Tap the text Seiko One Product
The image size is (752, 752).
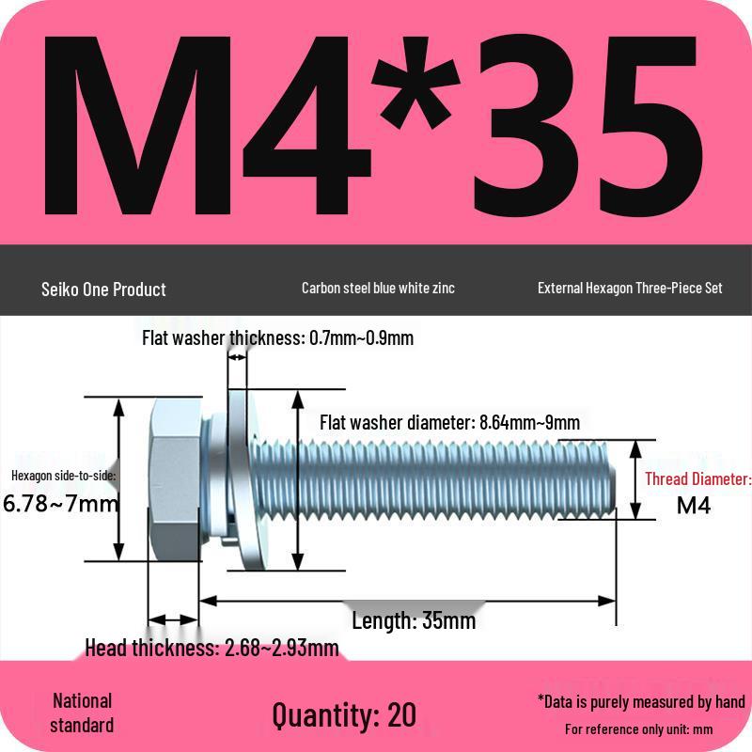coord(103,290)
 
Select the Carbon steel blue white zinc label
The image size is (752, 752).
coord(378,288)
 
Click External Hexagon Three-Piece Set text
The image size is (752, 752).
coord(630,288)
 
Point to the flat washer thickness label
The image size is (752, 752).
coord(277,338)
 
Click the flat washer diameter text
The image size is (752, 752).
coord(449,423)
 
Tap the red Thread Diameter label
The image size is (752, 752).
coord(697,479)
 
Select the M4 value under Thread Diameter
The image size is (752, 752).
coord(694,506)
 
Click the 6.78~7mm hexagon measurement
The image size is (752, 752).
coord(61,503)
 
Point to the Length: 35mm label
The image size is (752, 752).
coord(414,621)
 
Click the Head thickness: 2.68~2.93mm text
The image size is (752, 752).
coord(211,648)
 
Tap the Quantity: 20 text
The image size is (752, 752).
coord(344,714)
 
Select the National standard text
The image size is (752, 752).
coord(82,713)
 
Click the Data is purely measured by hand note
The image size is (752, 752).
coord(641,701)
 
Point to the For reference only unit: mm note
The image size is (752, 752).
coord(639,729)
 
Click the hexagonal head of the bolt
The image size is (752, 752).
coord(175,479)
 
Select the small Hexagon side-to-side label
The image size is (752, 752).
coord(64,476)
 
